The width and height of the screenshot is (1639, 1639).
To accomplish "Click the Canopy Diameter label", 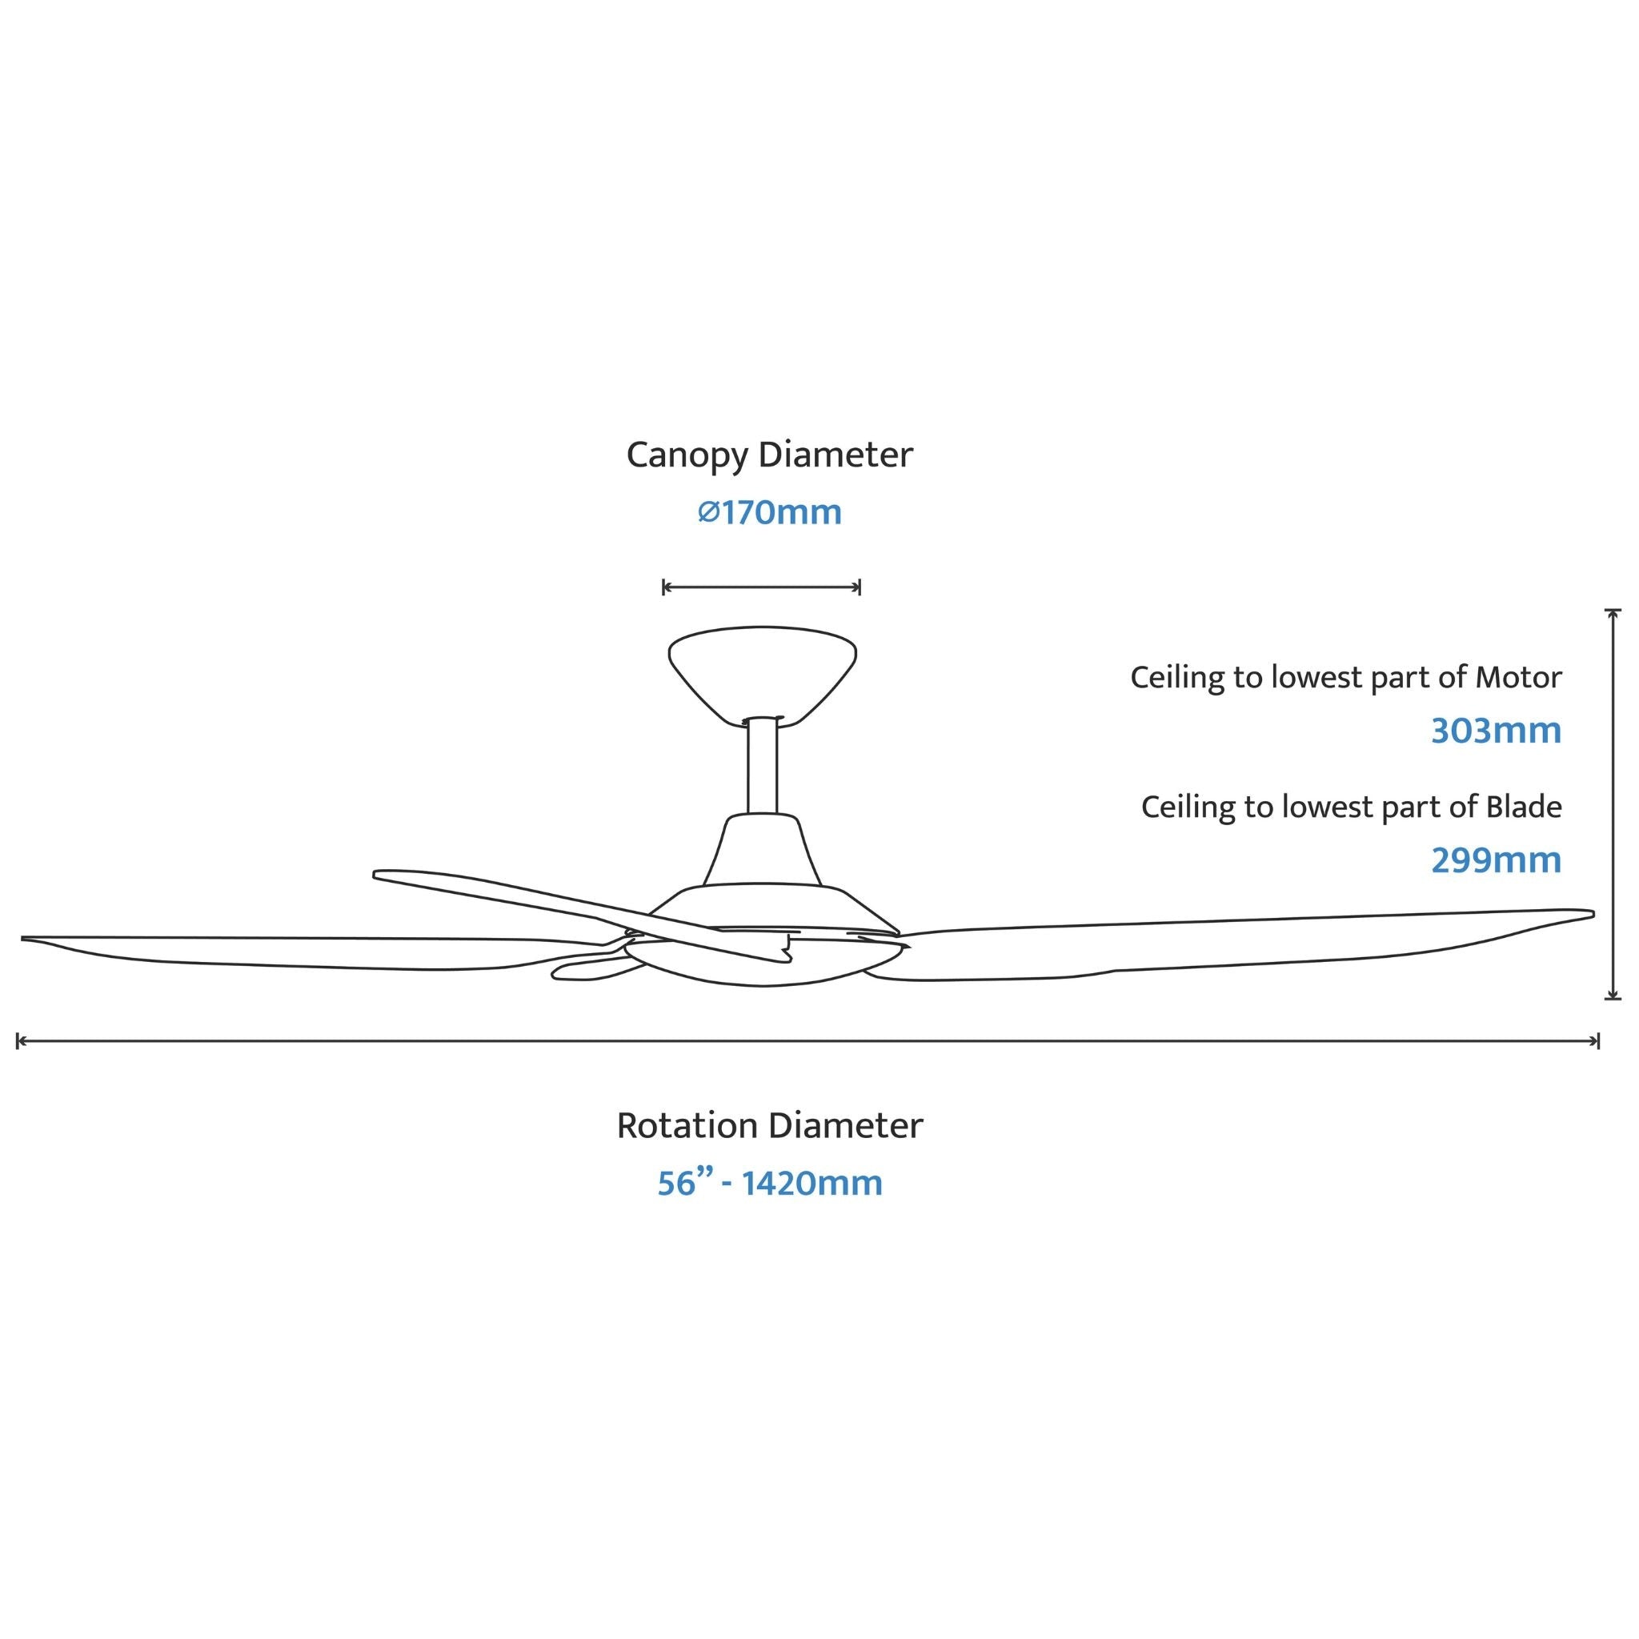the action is [x=769, y=455].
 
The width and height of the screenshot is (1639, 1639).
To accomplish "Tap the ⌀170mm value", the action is [x=769, y=512].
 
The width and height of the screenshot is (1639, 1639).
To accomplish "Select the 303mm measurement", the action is [x=1496, y=731].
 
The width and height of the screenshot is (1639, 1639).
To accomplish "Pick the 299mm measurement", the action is [x=1496, y=860].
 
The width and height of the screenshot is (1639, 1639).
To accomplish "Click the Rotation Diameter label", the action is [x=769, y=1126].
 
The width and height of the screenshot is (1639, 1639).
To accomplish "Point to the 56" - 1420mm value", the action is [x=769, y=1183].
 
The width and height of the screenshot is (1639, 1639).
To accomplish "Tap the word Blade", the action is [x=1524, y=806].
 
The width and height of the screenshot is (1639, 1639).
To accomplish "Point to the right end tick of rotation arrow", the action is [x=1598, y=1041].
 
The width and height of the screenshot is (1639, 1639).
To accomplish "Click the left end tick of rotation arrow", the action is [x=18, y=1041].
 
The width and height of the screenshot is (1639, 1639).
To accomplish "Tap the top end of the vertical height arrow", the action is [x=1613, y=610].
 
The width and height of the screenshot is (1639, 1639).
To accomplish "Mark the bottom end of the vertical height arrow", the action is [x=1613, y=999].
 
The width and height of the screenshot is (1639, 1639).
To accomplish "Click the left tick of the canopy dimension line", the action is [x=663, y=587].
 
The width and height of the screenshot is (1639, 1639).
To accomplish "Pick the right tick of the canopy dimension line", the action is [x=860, y=587].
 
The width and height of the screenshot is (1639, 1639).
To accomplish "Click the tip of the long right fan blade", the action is [x=1593, y=914].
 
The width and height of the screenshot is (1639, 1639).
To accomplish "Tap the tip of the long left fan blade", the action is [x=23, y=938].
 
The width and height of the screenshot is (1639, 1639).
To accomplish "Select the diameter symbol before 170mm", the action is [x=708, y=512].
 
